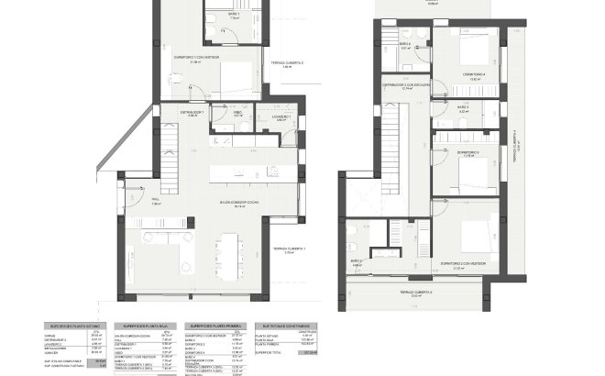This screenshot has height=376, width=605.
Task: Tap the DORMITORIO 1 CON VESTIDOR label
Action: (x=202, y=58)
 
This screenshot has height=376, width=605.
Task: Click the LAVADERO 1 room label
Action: (x=281, y=116)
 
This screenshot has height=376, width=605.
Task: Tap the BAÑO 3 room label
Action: (x=462, y=108)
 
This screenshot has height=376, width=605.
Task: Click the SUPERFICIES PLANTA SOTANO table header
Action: (x=77, y=325)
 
